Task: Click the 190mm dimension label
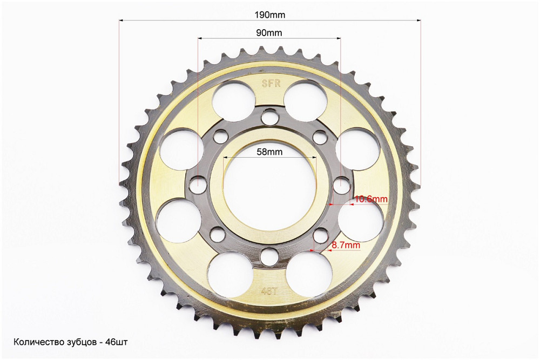269,15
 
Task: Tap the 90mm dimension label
269,33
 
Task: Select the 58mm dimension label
269,152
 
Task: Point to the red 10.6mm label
371,199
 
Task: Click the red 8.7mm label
346,246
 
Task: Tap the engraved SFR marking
271,84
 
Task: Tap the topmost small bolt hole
269,116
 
